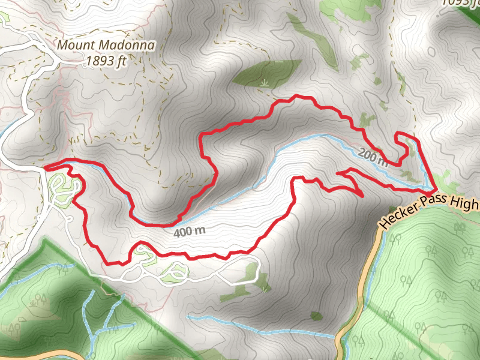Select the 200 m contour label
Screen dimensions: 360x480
pyautogui.click(x=373, y=157)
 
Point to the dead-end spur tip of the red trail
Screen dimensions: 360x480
pyautogui.click(x=363, y=195)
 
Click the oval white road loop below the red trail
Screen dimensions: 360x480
pyautogui.click(x=240, y=270)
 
